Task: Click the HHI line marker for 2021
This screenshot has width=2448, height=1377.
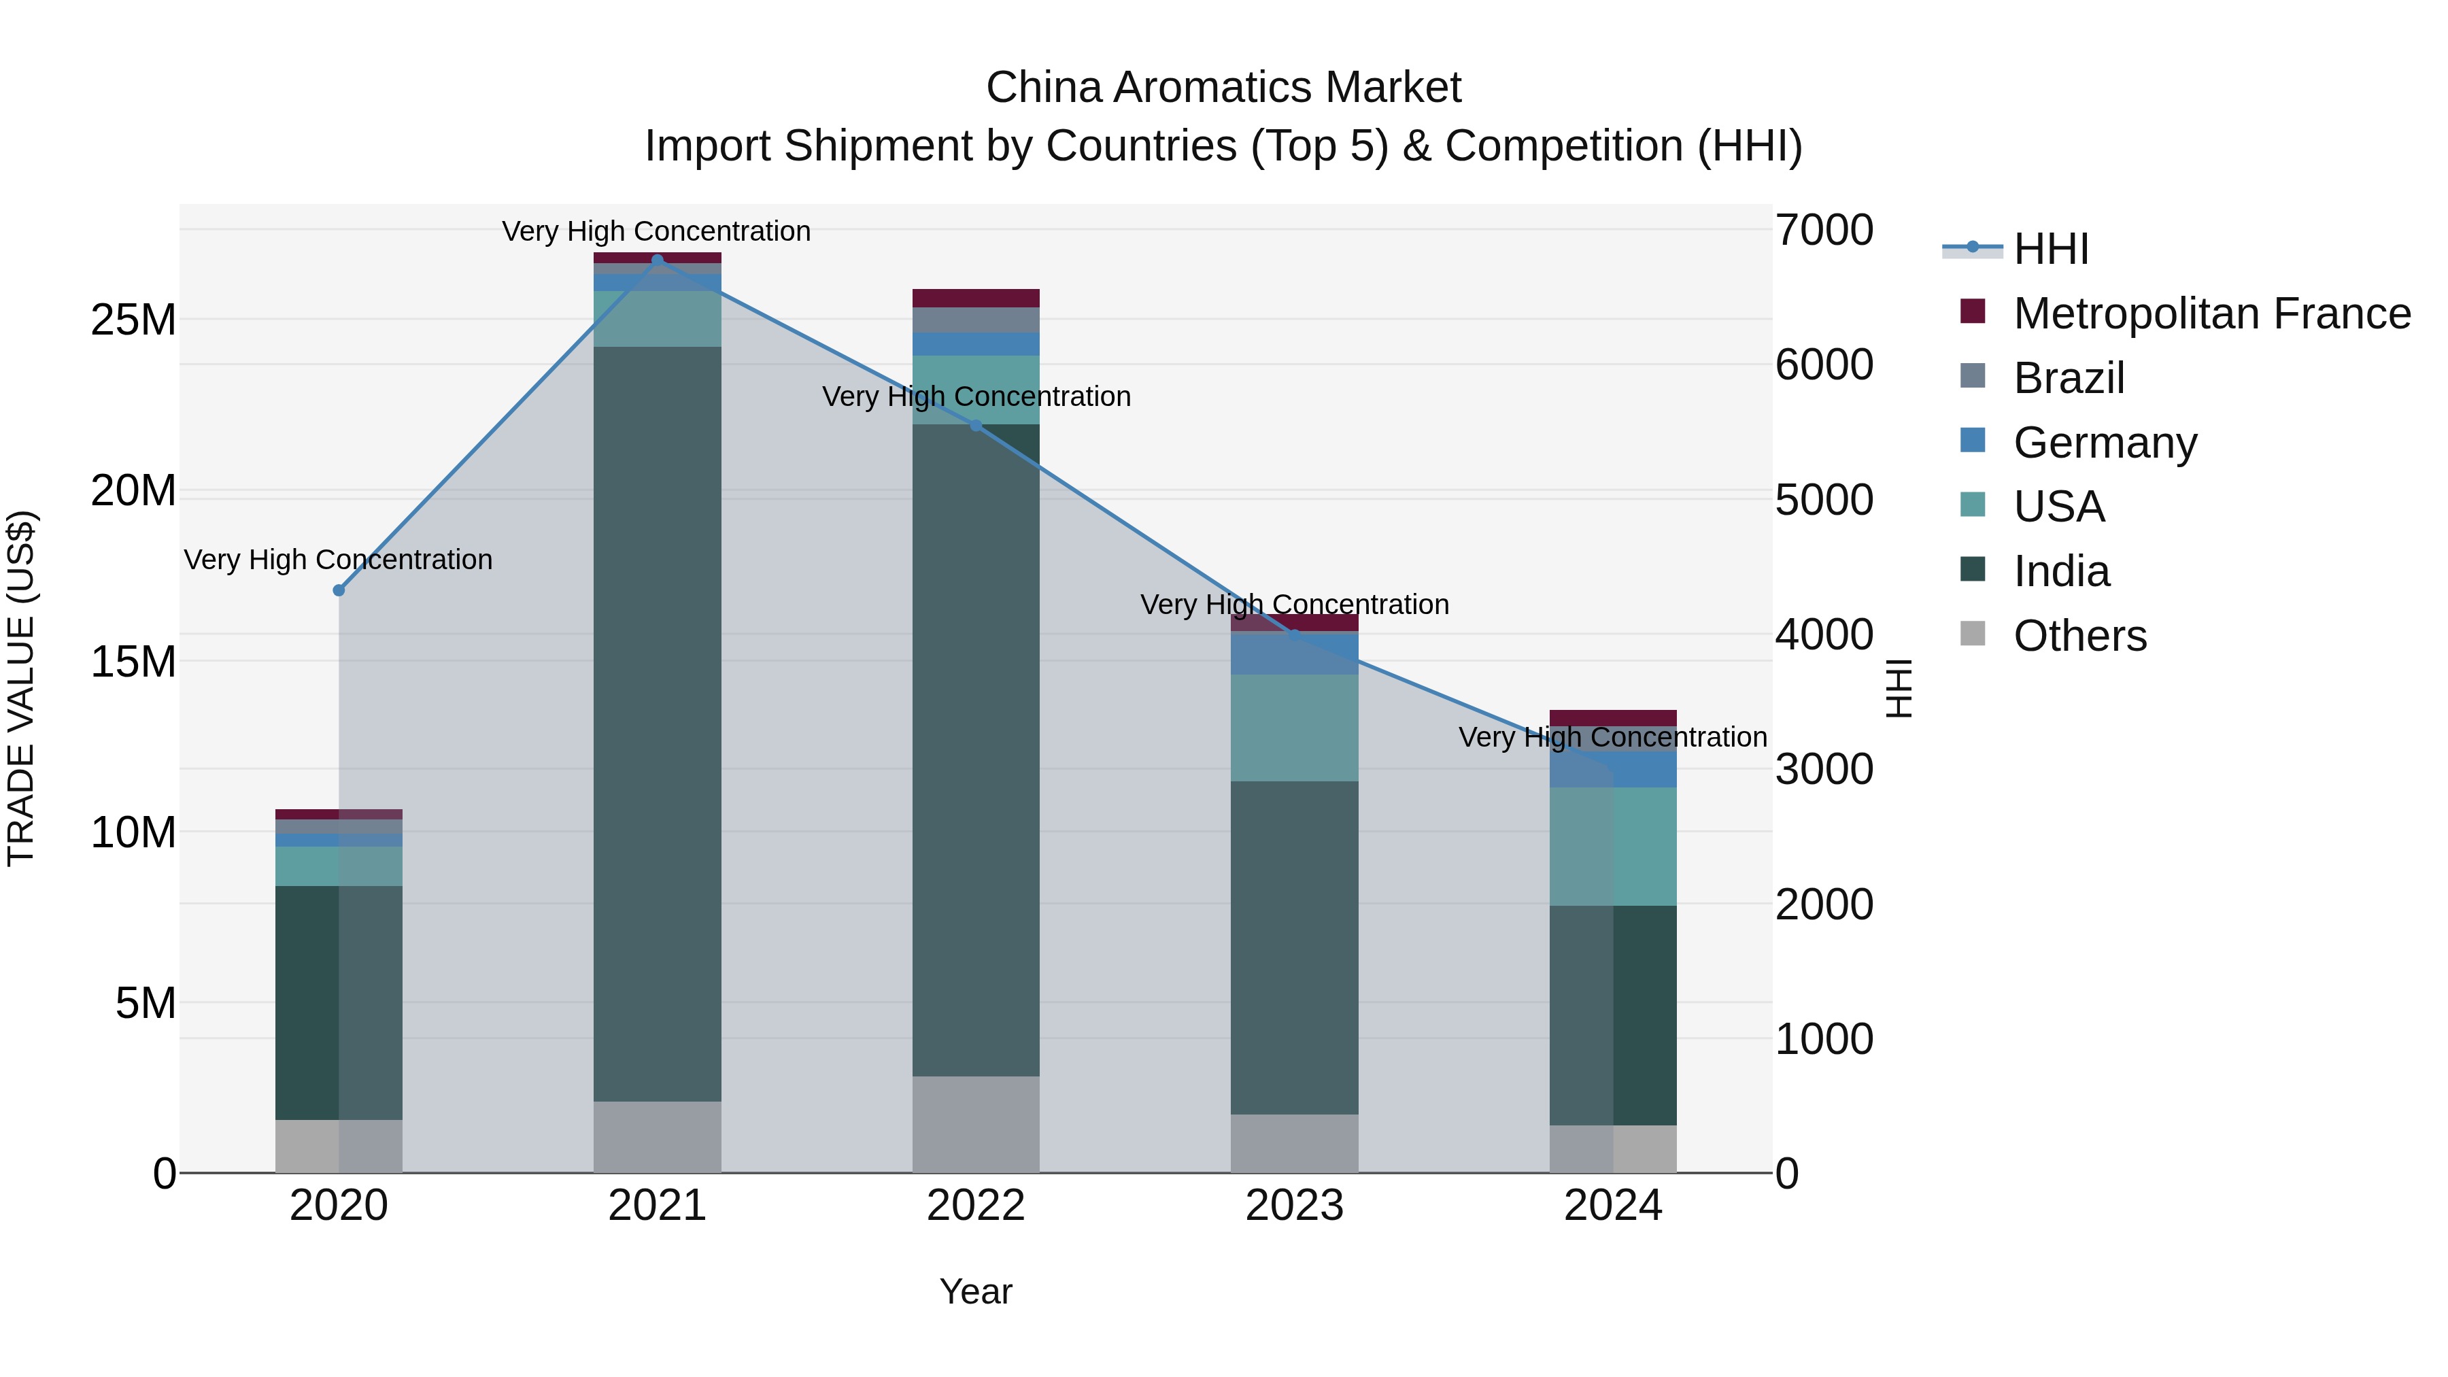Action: [657, 260]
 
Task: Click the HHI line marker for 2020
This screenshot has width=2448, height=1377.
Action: [339, 590]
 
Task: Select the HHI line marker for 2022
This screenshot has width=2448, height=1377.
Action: [976, 426]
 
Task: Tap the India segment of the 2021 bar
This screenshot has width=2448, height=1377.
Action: [657, 722]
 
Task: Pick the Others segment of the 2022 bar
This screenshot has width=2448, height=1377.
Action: [976, 1124]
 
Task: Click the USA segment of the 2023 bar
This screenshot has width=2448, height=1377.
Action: [1294, 728]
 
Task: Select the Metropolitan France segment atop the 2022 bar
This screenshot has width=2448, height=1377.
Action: [976, 297]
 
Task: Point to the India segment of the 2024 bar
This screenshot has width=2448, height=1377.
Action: [1613, 1015]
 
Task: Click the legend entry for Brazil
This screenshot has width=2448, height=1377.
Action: [2068, 378]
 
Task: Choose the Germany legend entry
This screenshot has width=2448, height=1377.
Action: [2104, 443]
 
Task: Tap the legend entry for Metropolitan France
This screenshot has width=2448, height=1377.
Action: [2211, 313]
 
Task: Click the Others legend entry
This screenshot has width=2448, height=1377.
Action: [2079, 636]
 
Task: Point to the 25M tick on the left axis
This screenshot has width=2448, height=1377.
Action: [133, 320]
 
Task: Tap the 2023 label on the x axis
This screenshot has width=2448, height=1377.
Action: [1294, 1206]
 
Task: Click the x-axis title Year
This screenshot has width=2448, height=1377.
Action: [976, 1291]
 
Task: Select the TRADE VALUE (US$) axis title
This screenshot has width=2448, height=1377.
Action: [21, 688]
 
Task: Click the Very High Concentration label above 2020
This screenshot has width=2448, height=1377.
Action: [339, 560]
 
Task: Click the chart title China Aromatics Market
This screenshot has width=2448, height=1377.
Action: [1223, 88]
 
